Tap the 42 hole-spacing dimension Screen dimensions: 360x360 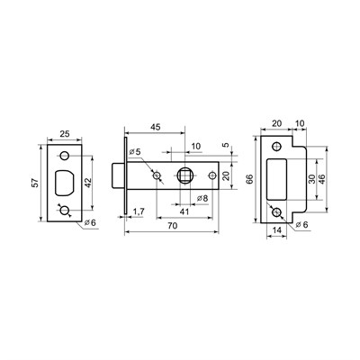[x=88, y=181]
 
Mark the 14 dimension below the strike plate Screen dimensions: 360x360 [x=277, y=231]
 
